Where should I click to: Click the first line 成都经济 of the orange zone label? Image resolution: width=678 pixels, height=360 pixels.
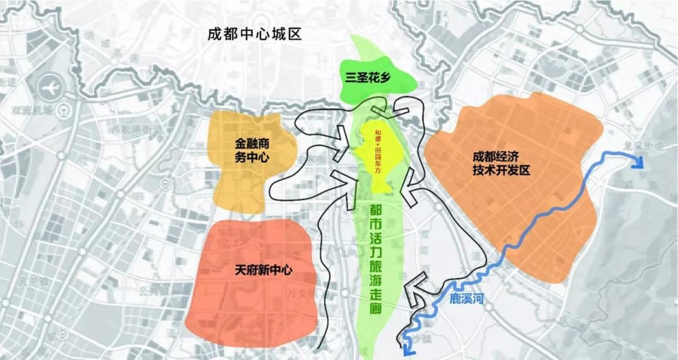point(501,157)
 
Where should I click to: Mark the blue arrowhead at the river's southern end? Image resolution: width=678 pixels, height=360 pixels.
point(408,345)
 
